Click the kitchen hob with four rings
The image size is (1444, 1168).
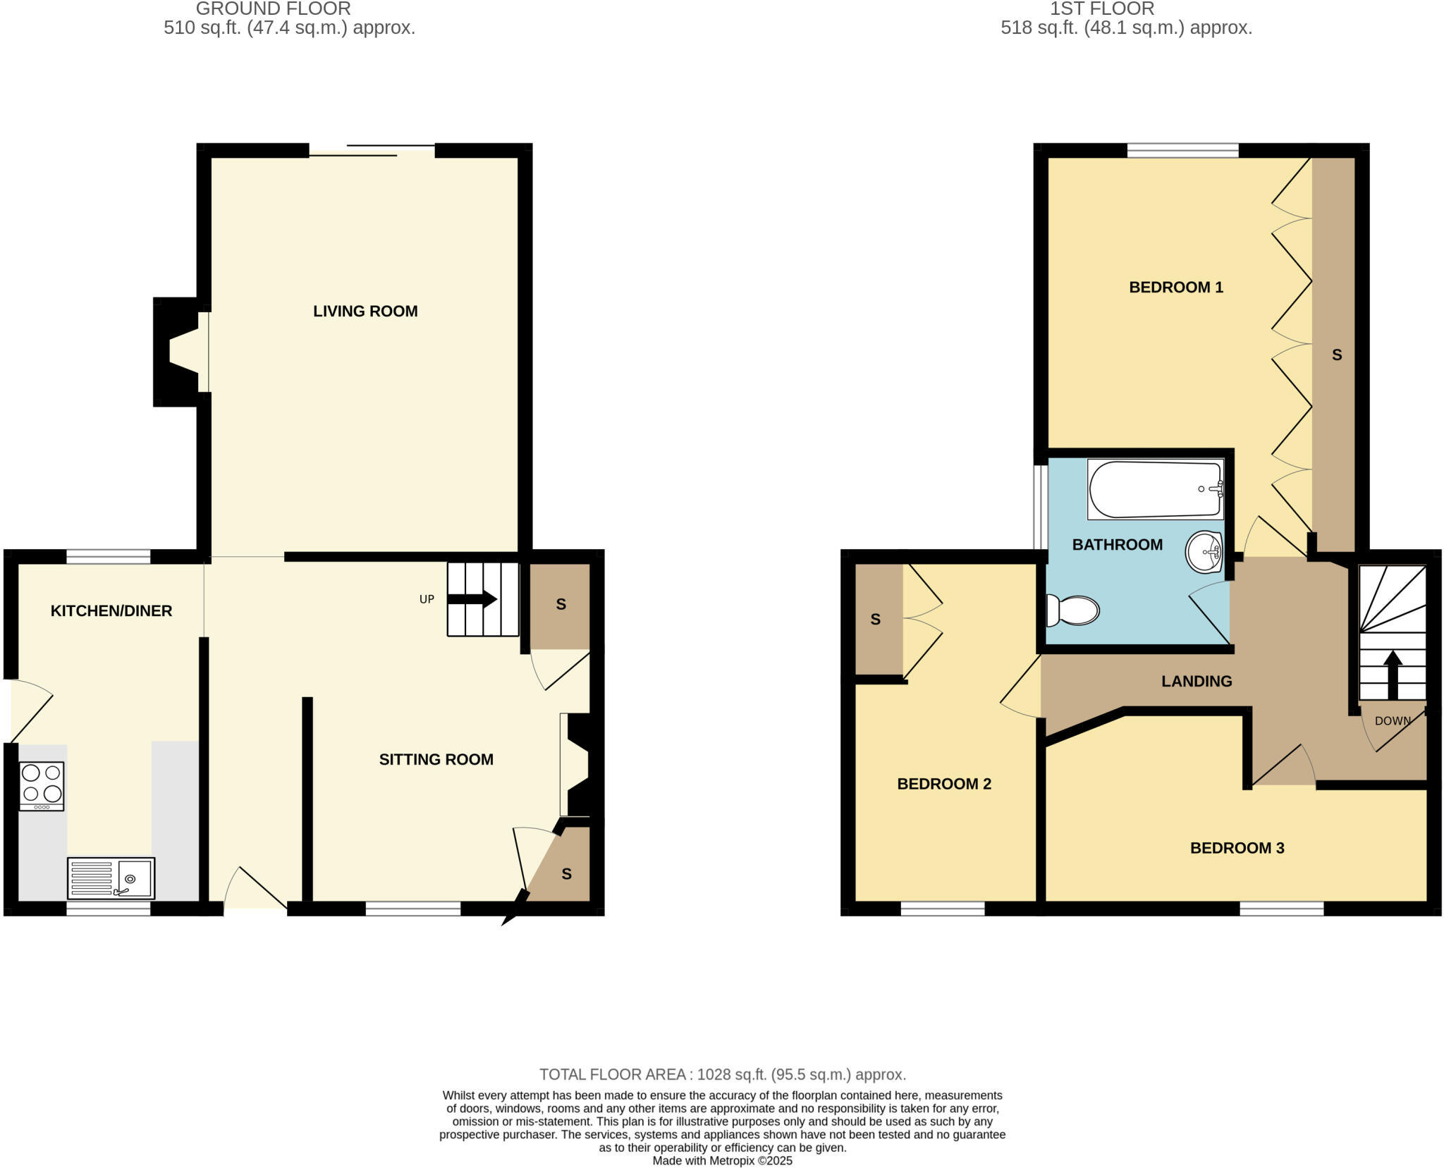(x=42, y=786)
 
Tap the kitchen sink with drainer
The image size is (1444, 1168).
(x=111, y=878)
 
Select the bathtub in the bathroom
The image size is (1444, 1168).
(x=1155, y=489)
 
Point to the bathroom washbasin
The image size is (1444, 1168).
(x=1204, y=552)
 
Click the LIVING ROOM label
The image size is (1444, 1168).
(x=365, y=311)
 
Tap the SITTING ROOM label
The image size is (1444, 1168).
(x=436, y=759)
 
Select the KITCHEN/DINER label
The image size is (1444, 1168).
(x=111, y=610)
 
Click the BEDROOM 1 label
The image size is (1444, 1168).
(x=1175, y=287)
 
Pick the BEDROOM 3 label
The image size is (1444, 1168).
(x=1237, y=848)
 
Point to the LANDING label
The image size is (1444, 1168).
(x=1197, y=681)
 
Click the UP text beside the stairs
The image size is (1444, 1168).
(x=427, y=599)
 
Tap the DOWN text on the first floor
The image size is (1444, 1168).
(x=1393, y=720)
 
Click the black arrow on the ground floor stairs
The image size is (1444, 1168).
(x=473, y=599)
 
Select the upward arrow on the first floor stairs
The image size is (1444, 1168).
(x=1392, y=673)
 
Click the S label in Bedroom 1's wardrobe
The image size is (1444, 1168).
(x=1336, y=355)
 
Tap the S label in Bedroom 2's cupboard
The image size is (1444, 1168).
(x=875, y=619)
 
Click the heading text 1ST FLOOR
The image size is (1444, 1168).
(x=1102, y=9)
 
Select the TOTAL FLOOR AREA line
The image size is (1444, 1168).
(x=722, y=1074)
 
